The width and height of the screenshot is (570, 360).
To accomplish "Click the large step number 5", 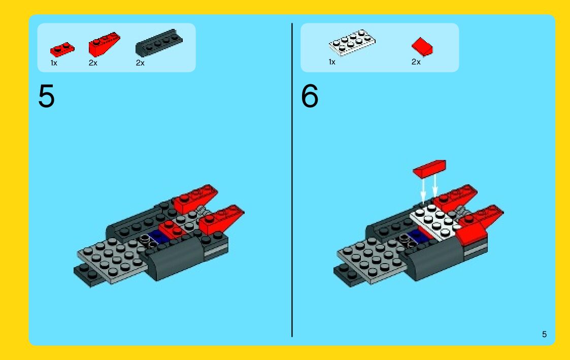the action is click(x=46, y=96).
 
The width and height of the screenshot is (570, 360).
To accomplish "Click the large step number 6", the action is click(x=309, y=96).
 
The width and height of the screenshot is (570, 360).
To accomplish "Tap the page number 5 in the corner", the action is click(x=544, y=334).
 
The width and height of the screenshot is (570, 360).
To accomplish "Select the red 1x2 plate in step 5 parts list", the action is click(x=62, y=49).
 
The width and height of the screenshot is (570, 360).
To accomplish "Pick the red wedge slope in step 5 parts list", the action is click(x=104, y=44).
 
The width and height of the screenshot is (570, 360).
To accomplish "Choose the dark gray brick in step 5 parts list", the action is click(x=159, y=43).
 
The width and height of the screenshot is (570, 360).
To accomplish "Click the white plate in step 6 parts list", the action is click(x=352, y=43).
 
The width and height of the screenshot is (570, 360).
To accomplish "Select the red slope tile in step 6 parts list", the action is click(x=422, y=47).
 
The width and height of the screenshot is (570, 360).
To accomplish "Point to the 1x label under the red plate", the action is click(x=54, y=63).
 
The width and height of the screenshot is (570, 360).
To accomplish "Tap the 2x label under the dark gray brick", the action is click(x=140, y=63).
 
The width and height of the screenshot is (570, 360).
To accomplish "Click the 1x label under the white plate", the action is click(x=332, y=62).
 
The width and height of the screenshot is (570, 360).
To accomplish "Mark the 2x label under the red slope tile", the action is click(x=416, y=62).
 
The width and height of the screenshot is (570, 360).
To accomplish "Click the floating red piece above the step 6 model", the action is click(x=429, y=169).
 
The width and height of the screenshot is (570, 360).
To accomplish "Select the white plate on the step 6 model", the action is click(x=435, y=221).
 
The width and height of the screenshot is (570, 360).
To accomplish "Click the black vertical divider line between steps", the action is click(x=292, y=180).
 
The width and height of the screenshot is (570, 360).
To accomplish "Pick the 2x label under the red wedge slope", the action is click(x=93, y=63).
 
